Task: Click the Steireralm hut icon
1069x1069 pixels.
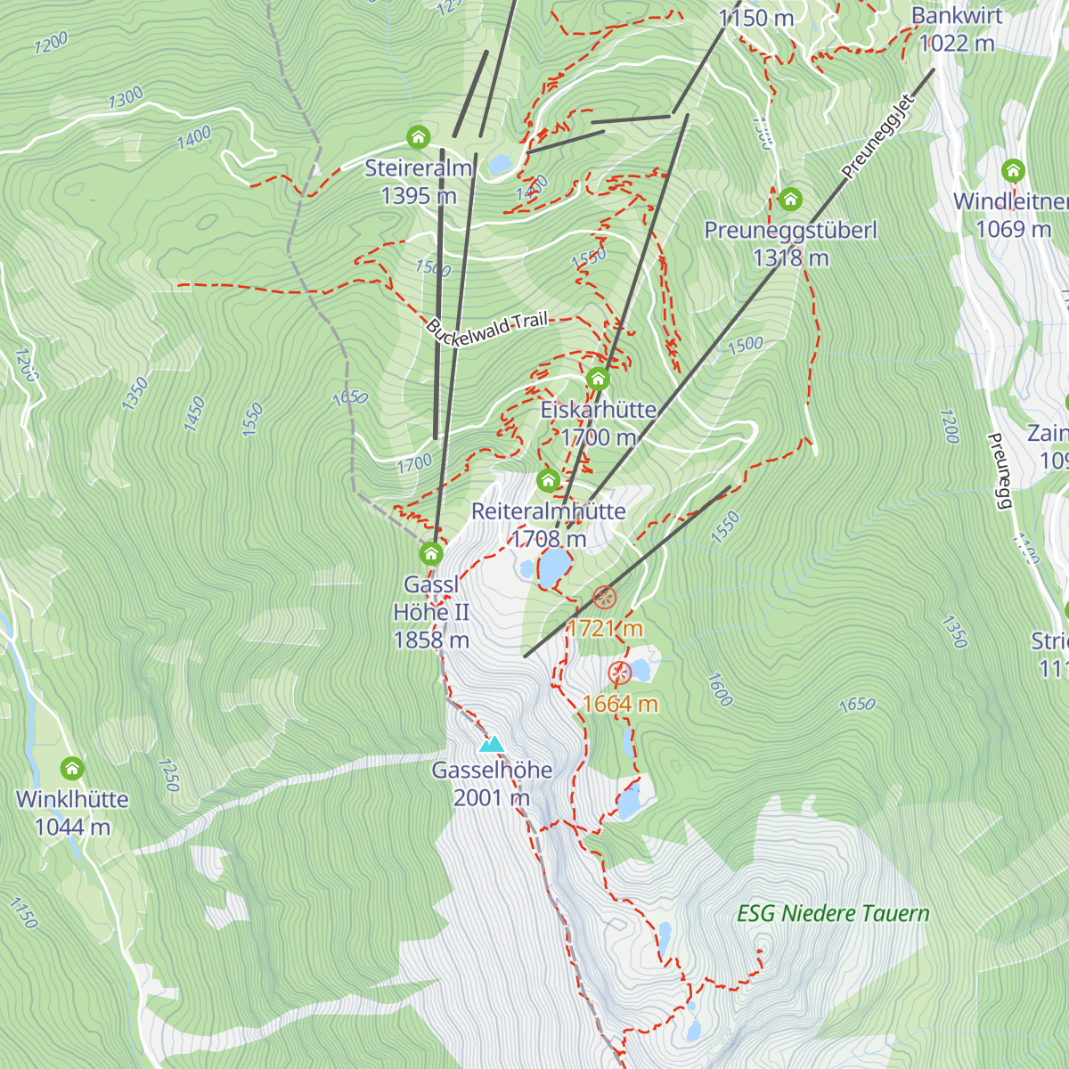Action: point(419,137)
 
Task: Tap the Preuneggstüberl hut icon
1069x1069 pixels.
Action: point(790,199)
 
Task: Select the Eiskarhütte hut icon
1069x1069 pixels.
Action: point(598,379)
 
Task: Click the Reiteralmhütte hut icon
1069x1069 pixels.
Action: point(548,481)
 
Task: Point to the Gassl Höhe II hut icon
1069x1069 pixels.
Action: point(431,554)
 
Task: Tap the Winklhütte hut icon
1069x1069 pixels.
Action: point(72,768)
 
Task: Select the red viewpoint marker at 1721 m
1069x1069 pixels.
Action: point(605,597)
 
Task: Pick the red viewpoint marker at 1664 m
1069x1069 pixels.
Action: point(619,673)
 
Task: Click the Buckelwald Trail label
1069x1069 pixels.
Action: point(486,327)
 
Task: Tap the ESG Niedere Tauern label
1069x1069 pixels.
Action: point(833,913)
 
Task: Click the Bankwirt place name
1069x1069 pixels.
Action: point(957,16)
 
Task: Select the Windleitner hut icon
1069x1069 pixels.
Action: point(1012,170)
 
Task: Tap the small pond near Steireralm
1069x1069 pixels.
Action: point(500,164)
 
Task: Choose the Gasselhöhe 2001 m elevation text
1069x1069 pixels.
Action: point(492,797)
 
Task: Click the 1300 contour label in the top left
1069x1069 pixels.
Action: point(126,97)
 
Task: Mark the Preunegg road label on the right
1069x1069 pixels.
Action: point(1001,470)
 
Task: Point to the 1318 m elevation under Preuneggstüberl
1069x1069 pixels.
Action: point(790,258)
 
